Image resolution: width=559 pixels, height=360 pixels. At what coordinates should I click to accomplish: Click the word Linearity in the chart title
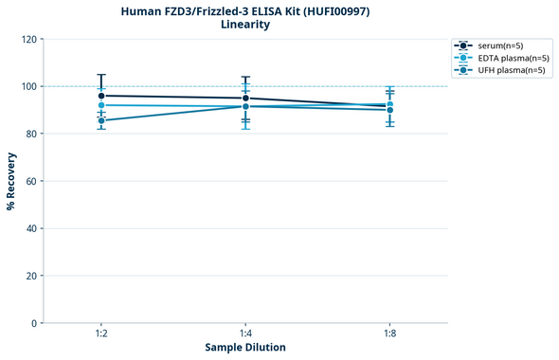pos(244,25)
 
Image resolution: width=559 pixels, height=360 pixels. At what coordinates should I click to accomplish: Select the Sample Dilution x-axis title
pos(245,348)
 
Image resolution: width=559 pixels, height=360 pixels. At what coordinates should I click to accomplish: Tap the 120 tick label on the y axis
pos(28,39)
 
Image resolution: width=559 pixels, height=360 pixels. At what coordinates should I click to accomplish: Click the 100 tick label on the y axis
pos(28,86)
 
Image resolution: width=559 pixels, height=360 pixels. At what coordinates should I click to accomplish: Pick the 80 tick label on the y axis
pos(31,134)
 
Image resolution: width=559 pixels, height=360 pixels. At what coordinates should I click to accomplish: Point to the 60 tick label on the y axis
pos(31,181)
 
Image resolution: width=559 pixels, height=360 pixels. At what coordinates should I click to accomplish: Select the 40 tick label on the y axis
pos(31,228)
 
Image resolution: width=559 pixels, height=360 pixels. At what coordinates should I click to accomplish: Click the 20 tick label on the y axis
pos(31,276)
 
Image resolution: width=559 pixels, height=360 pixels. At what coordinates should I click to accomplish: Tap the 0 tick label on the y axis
pos(34,323)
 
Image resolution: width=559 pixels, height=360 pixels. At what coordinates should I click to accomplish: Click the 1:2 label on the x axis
pos(101,334)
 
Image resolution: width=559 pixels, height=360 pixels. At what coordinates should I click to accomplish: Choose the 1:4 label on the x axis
pos(245,334)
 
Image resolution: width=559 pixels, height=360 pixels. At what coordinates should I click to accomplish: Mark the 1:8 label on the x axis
pos(390,334)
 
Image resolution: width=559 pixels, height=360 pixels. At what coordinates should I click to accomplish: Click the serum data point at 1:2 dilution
pos(101,96)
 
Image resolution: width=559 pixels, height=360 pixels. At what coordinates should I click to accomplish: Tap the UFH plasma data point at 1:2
pos(101,120)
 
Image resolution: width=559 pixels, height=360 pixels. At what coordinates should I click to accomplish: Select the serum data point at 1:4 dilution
pos(245,98)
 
